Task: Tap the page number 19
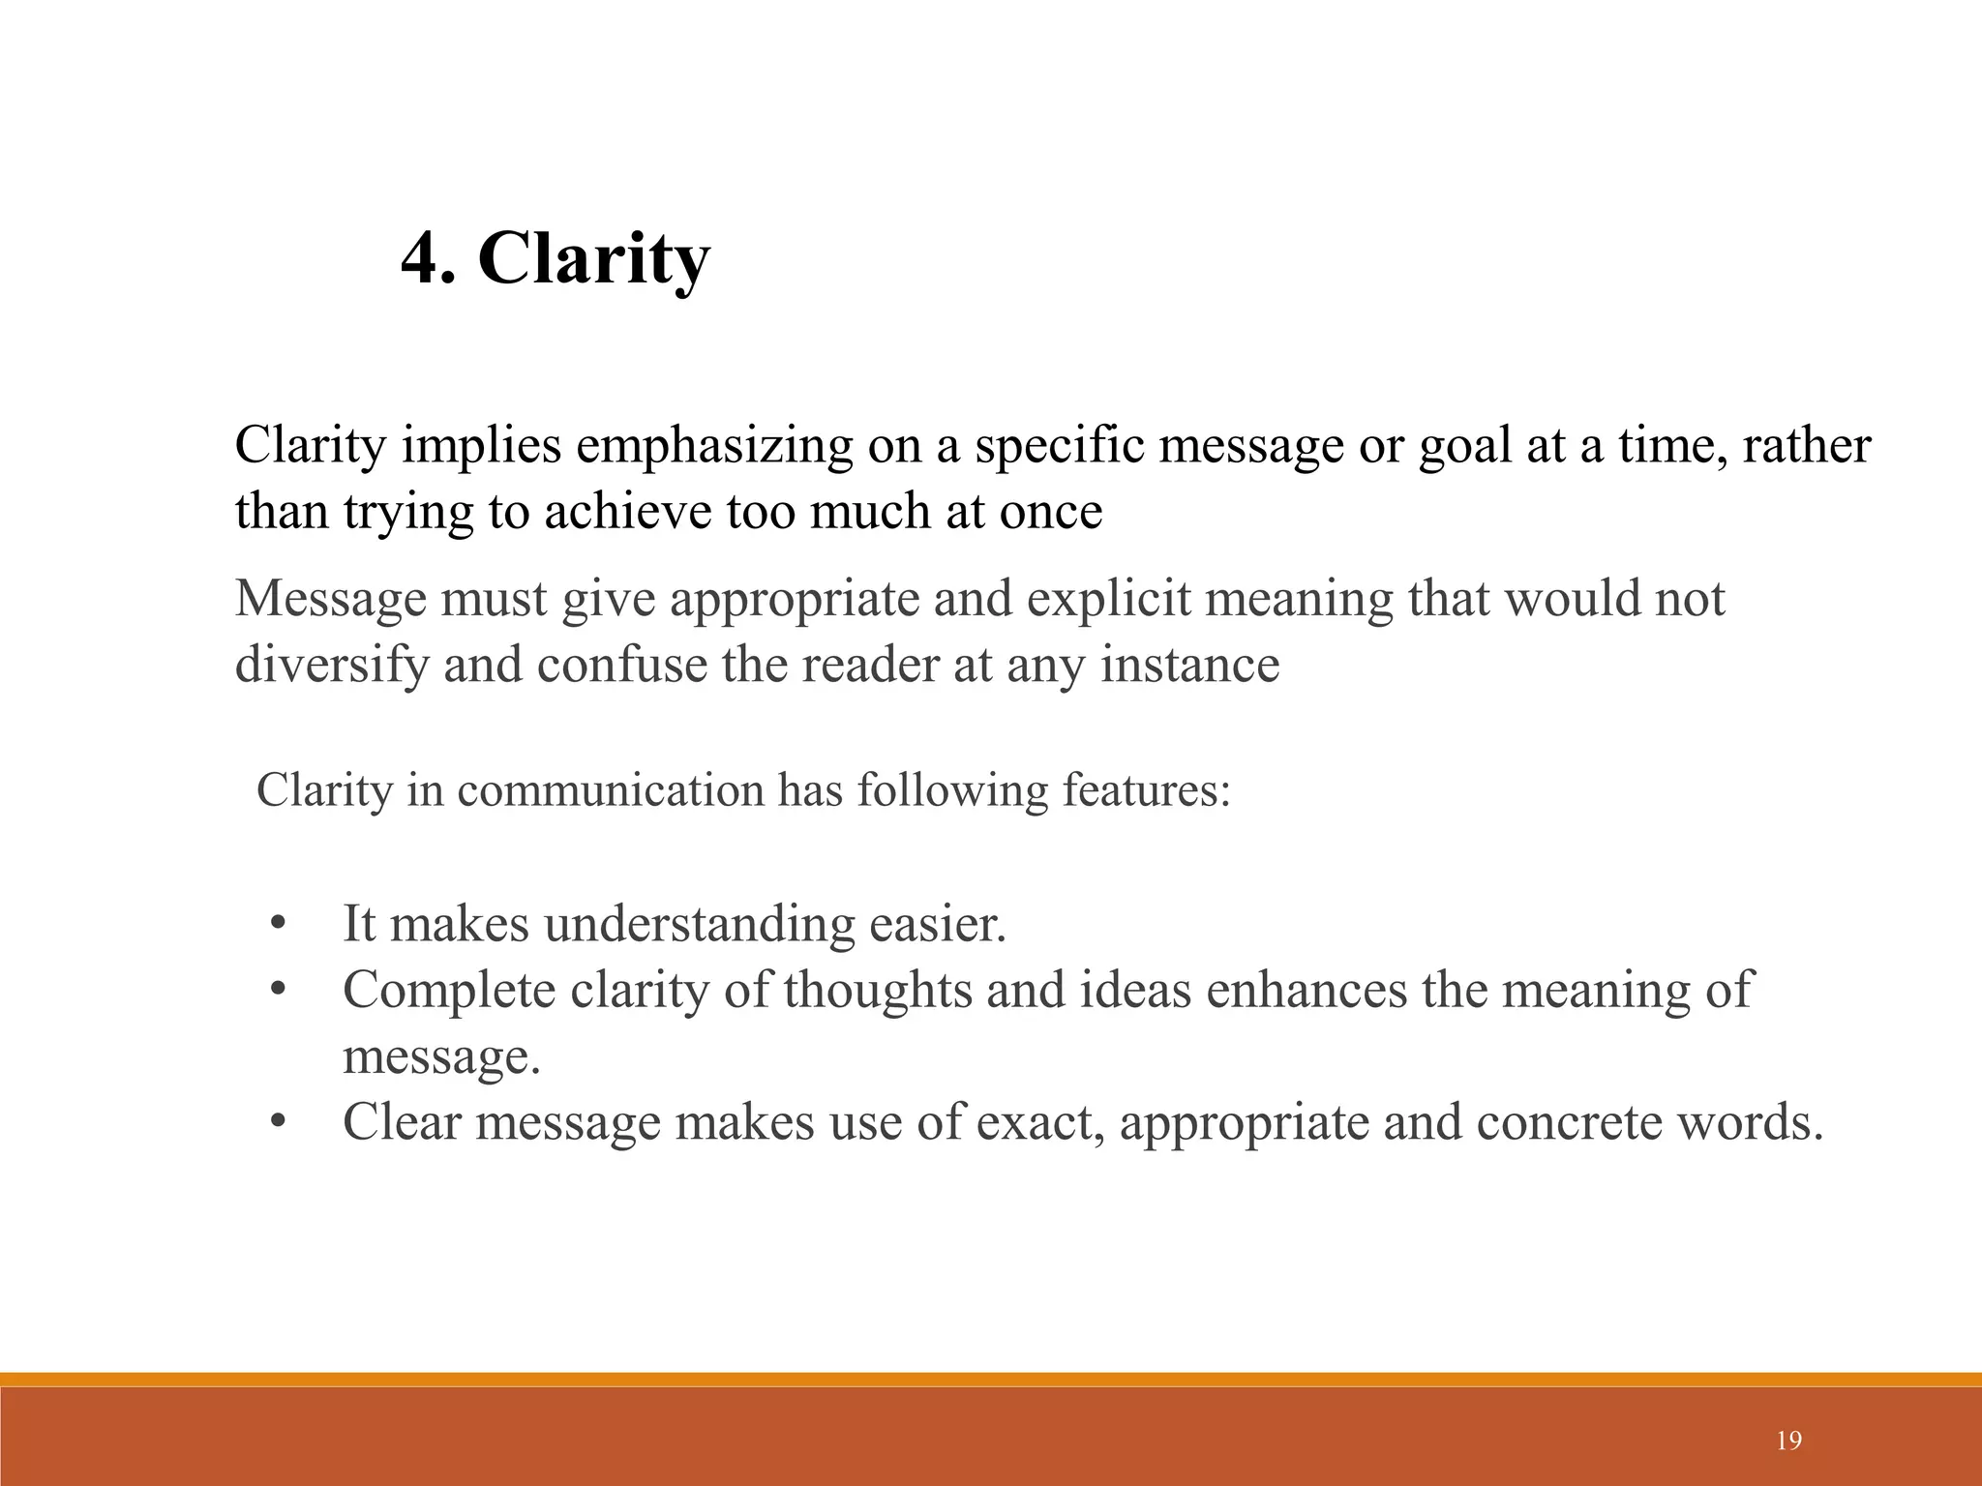pyautogui.click(x=1789, y=1441)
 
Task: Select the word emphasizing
pyautogui.click(x=714, y=446)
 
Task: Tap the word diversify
pyautogui.click(x=332, y=665)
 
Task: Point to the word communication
pyautogui.click(x=611, y=790)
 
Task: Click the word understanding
pyautogui.click(x=699, y=924)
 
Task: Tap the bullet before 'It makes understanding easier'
pyautogui.click(x=278, y=924)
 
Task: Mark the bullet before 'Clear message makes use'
pyautogui.click(x=278, y=1122)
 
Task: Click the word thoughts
pyautogui.click(x=878, y=990)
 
